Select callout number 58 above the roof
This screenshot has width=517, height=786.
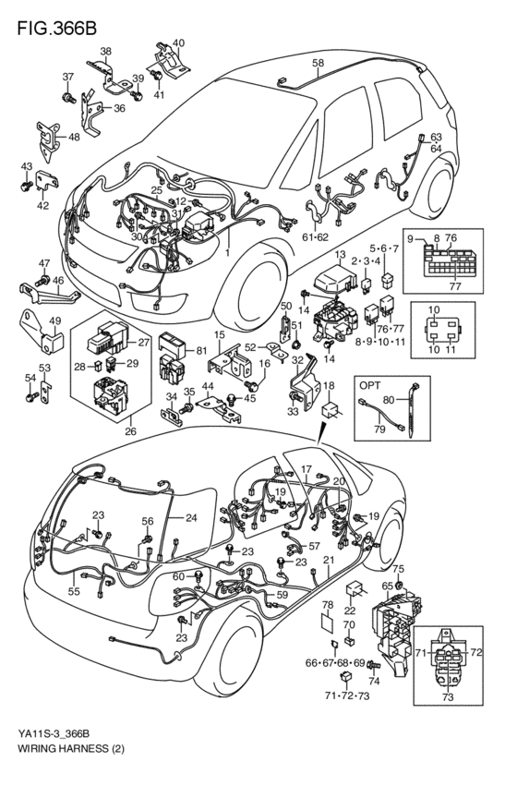click(x=318, y=63)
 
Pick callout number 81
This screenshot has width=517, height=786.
click(x=201, y=350)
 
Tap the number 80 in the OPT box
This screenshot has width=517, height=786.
click(x=389, y=401)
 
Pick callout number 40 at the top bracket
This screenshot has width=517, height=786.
click(x=178, y=42)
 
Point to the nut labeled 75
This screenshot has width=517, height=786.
click(x=399, y=585)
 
